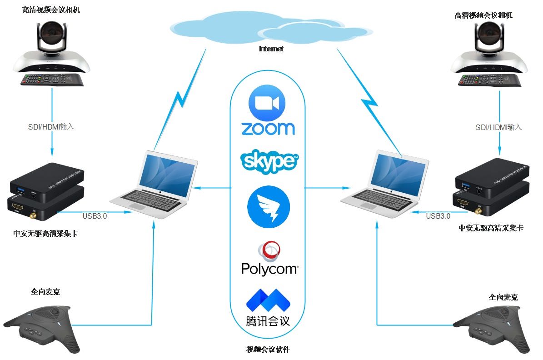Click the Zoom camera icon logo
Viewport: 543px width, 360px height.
267,103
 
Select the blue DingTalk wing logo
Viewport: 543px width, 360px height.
269,207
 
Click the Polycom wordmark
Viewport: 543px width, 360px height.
269,269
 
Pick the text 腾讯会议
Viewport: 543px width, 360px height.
268,320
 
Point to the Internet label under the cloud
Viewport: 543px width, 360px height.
271,49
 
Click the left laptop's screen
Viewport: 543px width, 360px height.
168,171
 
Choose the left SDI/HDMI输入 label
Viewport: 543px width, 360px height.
51,127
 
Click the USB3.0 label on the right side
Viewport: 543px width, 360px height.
438,216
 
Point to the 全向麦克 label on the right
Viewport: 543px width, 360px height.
503,297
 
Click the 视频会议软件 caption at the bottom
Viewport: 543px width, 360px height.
268,350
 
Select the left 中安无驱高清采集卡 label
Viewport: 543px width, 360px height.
49,234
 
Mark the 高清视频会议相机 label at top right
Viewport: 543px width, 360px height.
483,15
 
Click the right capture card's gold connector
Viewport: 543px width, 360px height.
478,211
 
